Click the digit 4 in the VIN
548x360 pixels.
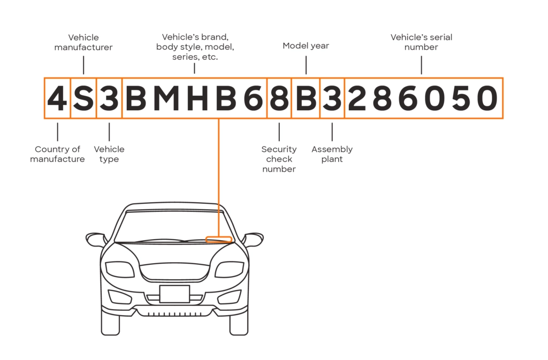click(x=57, y=98)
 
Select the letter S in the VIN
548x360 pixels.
click(x=83, y=98)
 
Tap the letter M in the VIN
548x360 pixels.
click(x=166, y=98)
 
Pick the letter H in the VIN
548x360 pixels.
click(x=196, y=98)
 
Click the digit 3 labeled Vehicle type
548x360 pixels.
click(x=109, y=98)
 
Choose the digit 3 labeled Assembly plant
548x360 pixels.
click(x=332, y=98)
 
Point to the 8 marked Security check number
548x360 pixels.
click(x=279, y=98)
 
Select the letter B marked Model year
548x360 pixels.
click(x=306, y=98)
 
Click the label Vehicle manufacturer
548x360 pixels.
click(x=83, y=42)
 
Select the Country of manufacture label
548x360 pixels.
click(x=57, y=154)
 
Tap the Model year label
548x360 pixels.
click(x=306, y=46)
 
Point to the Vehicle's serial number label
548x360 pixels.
click(x=421, y=42)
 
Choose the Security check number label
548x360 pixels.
click(x=279, y=159)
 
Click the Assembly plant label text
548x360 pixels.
click(x=332, y=154)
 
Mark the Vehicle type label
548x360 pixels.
click(x=109, y=154)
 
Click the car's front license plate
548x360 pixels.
click(x=174, y=294)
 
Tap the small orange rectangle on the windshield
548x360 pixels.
click(x=219, y=239)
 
